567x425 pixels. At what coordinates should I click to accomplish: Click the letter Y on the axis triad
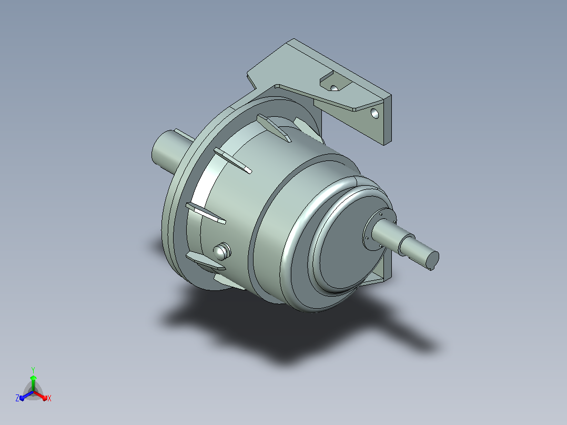tap(33, 370)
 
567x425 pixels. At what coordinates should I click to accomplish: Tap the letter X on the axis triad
tap(49, 398)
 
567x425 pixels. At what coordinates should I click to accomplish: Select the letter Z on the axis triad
tap(17, 398)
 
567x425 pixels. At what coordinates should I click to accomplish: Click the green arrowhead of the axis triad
tap(33, 378)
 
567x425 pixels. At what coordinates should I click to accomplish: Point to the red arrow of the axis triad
tap(40, 396)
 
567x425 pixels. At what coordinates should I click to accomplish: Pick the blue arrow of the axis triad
tap(26, 396)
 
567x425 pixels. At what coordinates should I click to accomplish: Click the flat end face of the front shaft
tap(432, 259)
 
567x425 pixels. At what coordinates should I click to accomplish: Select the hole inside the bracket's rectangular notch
tap(334, 88)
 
